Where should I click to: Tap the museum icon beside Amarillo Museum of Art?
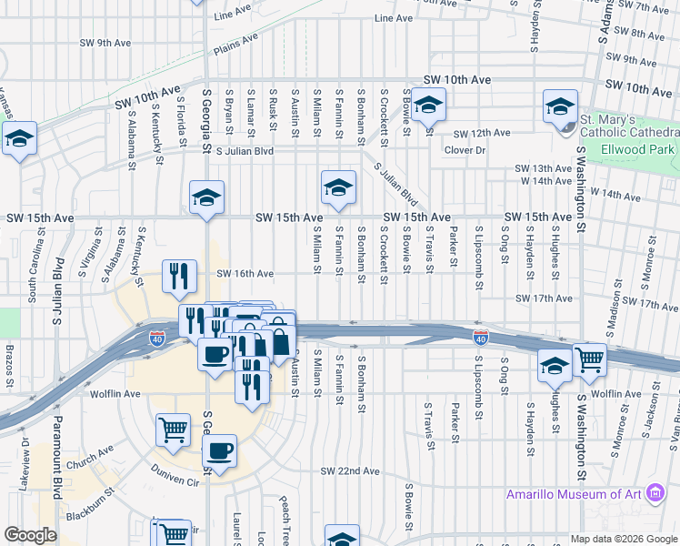click(x=654, y=495)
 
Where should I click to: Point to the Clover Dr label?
click(x=465, y=150)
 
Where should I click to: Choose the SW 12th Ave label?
click(x=483, y=133)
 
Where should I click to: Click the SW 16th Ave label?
click(x=245, y=274)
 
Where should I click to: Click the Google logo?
click(x=31, y=535)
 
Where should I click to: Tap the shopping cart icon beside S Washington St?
click(x=590, y=360)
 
